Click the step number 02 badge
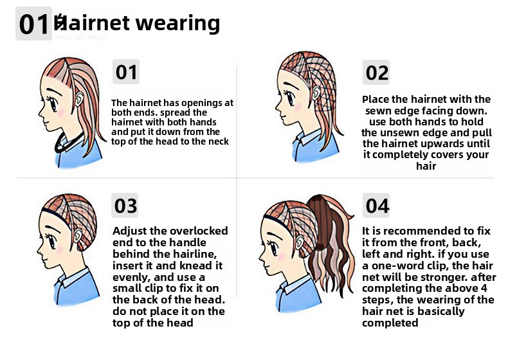coord(376,72)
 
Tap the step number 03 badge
coord(125,206)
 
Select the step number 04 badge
coord(376,206)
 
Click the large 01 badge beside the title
coord(33,24)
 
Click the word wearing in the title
coord(177,24)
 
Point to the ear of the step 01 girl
coord(78,98)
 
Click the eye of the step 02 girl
coord(289,98)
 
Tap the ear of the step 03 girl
coord(78,236)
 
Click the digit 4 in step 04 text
coord(484,288)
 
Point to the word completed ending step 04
coord(390,323)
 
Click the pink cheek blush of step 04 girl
coord(282,256)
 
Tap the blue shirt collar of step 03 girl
coord(71,278)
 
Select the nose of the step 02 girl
coord(277,107)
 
